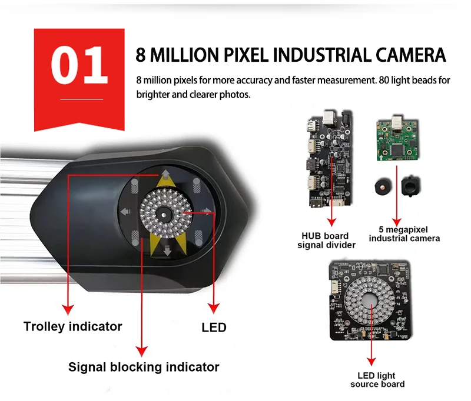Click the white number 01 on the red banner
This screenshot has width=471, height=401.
pos(79,65)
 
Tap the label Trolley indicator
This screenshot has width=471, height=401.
pos(72,326)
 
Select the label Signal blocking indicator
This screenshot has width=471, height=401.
pos(144,367)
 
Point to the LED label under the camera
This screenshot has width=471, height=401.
pos(214,328)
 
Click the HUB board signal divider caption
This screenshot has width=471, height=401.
pos(326,240)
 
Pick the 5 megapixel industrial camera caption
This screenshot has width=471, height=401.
pos(404,234)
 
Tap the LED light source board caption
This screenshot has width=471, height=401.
pos(377,380)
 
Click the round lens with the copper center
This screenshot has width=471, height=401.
pos(383,187)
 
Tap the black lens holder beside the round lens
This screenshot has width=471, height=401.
pos(410,186)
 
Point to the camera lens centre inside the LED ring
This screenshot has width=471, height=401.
pos(164,215)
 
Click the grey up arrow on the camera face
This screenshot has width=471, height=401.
pos(165,173)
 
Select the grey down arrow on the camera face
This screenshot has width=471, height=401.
pos(167,250)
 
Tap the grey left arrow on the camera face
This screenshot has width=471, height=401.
pos(125,212)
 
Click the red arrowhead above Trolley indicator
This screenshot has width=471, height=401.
pos(68,310)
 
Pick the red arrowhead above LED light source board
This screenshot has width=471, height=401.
pos(372,362)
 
